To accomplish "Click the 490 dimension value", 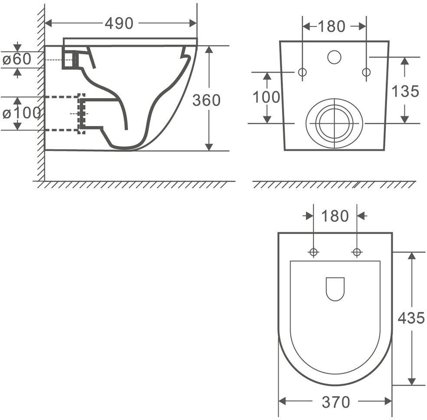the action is point(119,24).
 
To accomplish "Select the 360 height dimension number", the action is point(206,100).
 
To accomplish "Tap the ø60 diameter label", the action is point(17,59).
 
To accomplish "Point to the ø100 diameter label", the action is point(21,113).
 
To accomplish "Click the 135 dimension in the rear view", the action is point(405,91).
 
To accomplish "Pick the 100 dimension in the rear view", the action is point(266,97).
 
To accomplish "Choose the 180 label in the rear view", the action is point(332,26).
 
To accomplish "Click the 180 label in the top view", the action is point(335,216).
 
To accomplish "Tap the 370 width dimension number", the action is point(335,402).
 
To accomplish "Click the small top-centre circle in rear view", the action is point(334,57).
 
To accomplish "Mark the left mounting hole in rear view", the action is point(303,72).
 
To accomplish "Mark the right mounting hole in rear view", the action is point(366,72).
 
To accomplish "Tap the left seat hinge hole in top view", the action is point(313,252).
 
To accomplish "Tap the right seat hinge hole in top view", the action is point(357,252).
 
